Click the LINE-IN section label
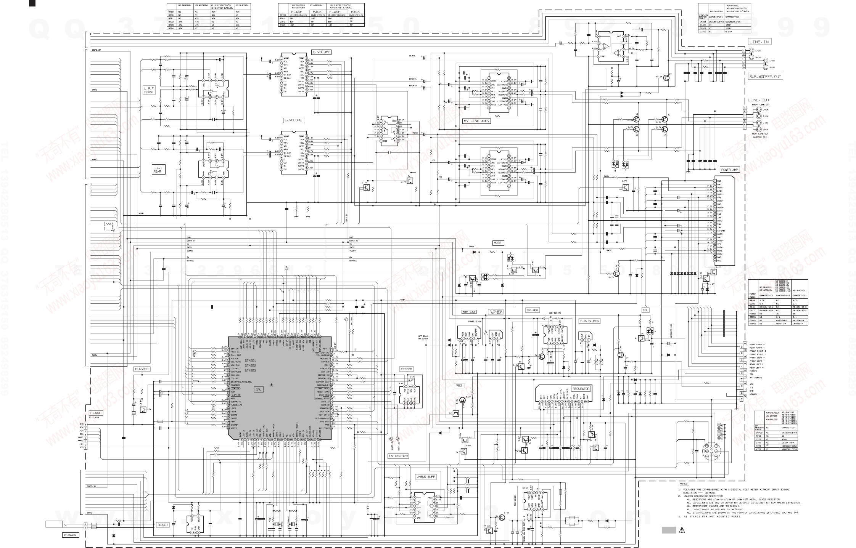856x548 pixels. pos(758,42)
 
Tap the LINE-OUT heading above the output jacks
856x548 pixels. pos(758,100)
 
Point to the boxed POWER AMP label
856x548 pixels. pos(729,170)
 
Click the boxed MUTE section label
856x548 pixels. pos(498,243)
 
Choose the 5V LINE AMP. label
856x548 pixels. pos(476,121)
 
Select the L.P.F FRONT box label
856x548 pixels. pos(149,90)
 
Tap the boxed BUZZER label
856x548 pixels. pos(142,369)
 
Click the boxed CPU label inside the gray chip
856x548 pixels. pos(259,389)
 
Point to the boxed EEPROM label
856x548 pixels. pos(407,369)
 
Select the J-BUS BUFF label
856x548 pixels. pos(426,477)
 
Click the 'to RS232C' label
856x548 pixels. pos(398,456)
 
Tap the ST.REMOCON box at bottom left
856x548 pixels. pos(70,535)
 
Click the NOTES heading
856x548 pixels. pos(683,484)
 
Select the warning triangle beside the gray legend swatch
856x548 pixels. pos(682,530)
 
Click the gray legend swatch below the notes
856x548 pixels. pos(668,530)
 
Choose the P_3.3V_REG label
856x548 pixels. pos(589,321)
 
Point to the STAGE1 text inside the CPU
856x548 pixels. pos(250,361)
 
